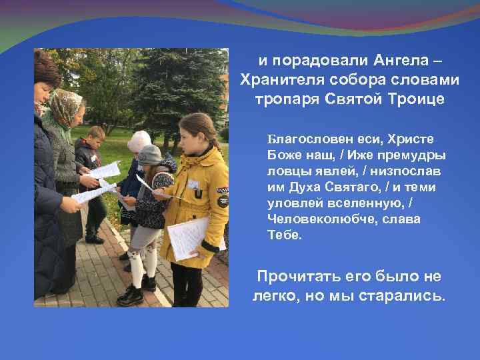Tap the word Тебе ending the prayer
(x=284, y=235)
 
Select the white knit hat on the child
(x=139, y=140)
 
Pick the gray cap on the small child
(x=149, y=155)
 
